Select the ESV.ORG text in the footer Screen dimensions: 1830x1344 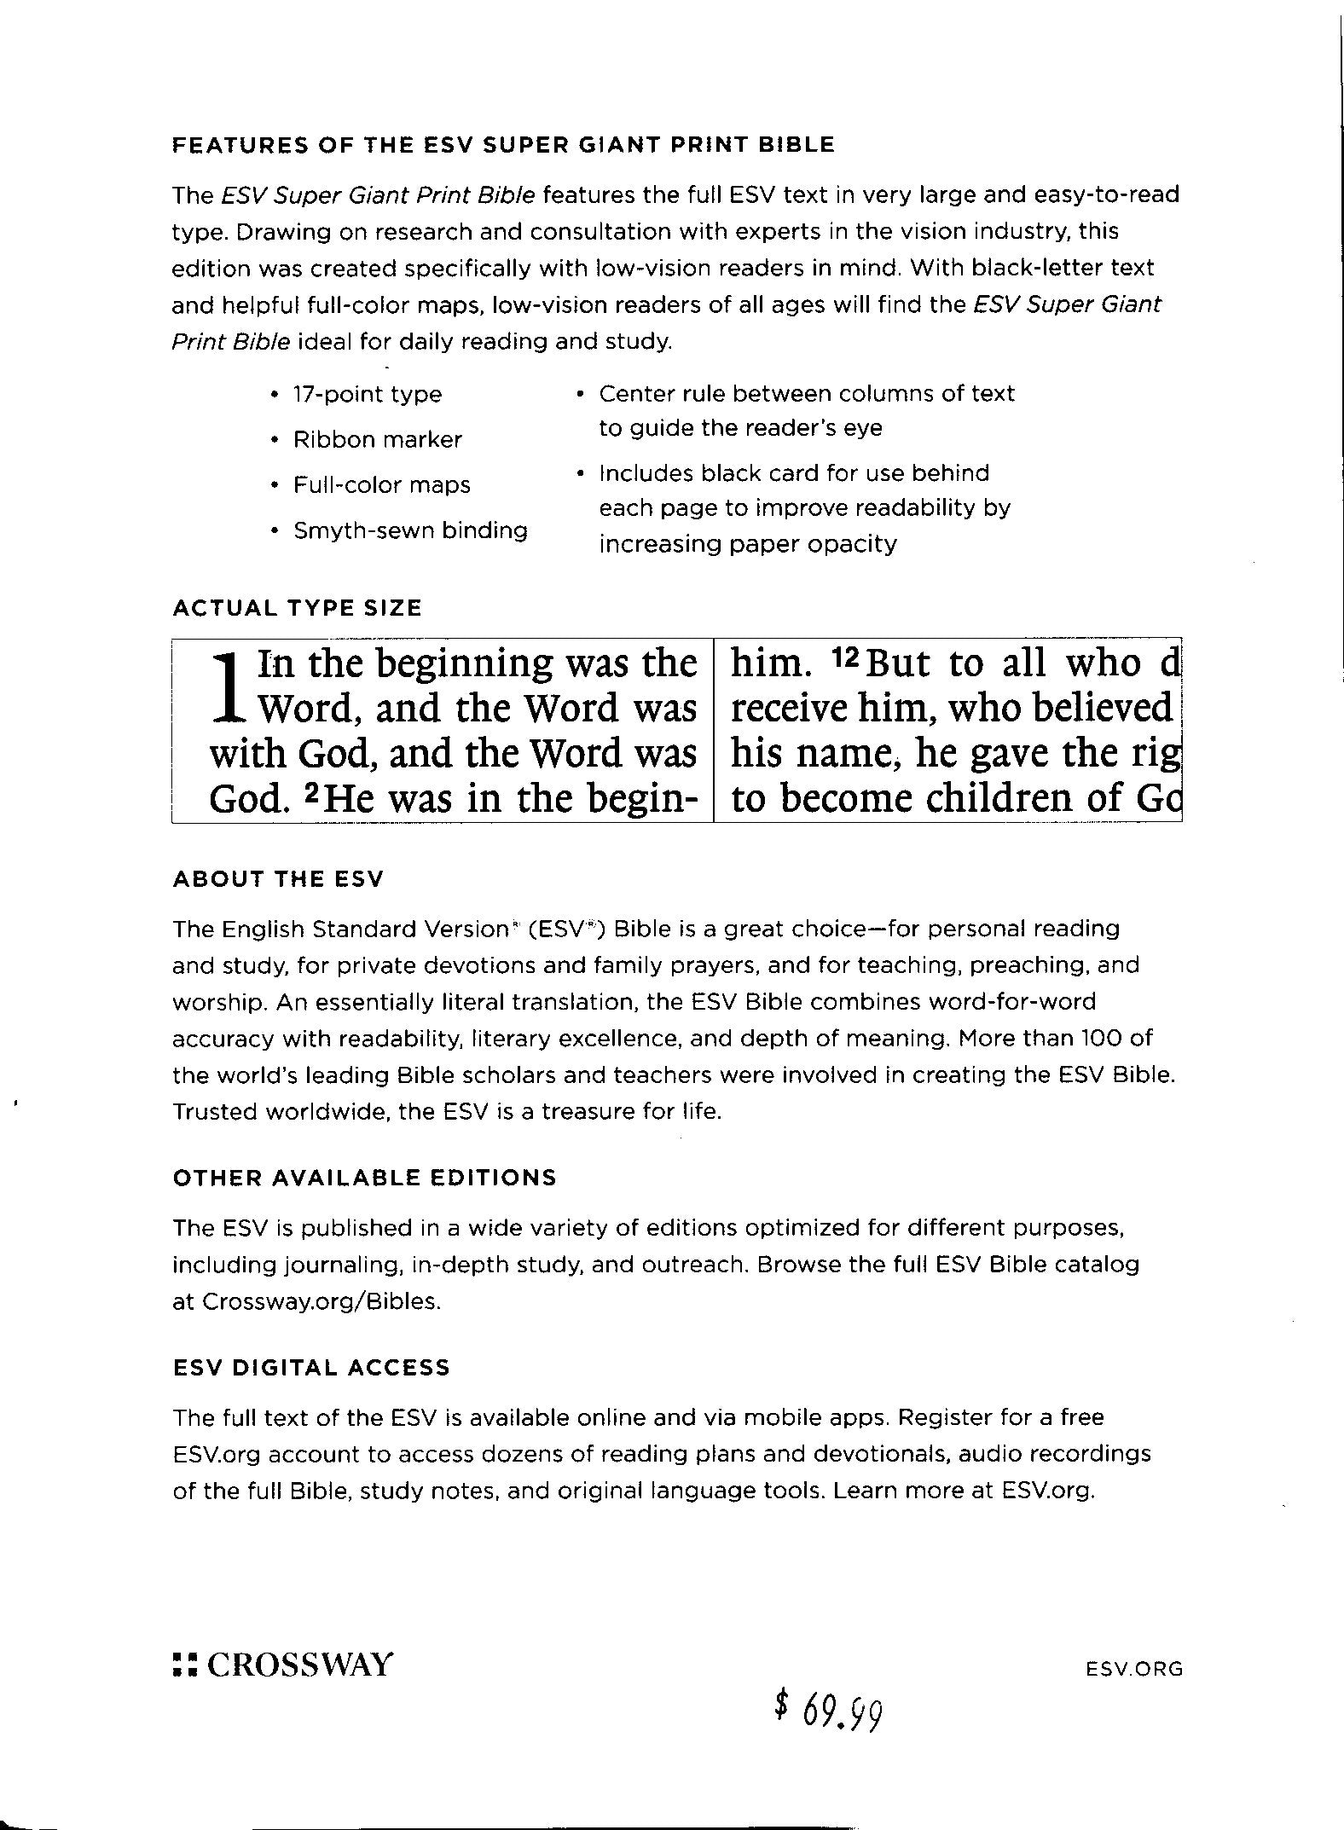coord(1134,1669)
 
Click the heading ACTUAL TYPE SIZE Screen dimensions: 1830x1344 coord(297,608)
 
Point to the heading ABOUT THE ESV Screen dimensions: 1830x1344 coord(278,879)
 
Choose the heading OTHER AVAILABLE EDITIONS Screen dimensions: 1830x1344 coord(364,1178)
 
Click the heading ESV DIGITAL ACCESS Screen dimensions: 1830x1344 coord(310,1368)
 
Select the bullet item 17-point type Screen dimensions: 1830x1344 coord(367,394)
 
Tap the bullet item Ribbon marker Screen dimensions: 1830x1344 coord(377,440)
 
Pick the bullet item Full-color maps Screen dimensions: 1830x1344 coord(381,485)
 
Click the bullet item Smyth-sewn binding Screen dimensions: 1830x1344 coord(409,530)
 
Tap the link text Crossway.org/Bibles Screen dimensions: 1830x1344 coord(322,1302)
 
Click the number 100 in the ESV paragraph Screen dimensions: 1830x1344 coord(1105,1039)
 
